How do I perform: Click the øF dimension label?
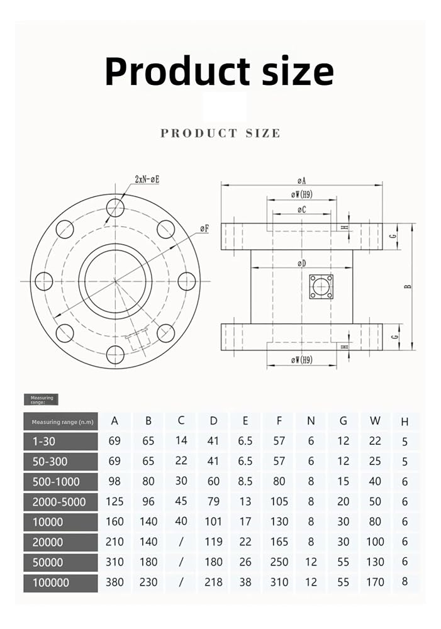(x=204, y=229)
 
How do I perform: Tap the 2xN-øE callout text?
(x=147, y=179)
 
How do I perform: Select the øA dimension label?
(x=302, y=181)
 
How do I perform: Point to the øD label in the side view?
(x=302, y=263)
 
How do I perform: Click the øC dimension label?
(x=302, y=209)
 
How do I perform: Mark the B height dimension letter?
(x=408, y=286)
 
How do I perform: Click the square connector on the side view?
(x=321, y=286)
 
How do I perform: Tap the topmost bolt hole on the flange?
(x=115, y=208)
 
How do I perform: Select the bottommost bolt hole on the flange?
(x=115, y=355)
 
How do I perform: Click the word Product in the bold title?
(x=177, y=71)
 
